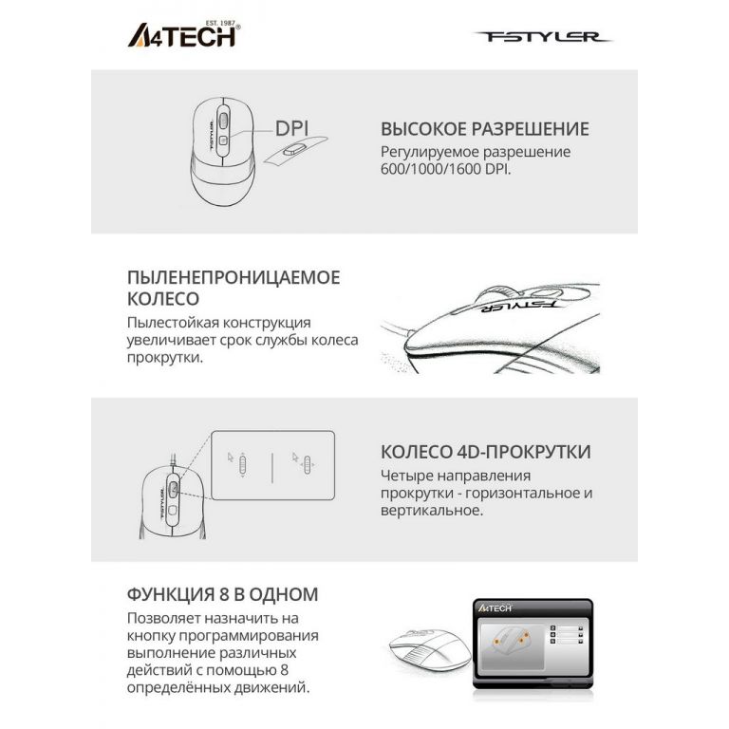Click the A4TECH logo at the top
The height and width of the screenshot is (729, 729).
[183, 35]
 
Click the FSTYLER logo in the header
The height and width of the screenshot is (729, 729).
[543, 37]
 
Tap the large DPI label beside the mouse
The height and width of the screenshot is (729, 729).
[292, 129]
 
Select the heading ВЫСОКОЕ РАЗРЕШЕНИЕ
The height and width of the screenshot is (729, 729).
[485, 129]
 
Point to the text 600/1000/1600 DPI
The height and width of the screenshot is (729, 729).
[445, 169]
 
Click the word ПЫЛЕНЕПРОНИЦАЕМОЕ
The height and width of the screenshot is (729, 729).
[234, 277]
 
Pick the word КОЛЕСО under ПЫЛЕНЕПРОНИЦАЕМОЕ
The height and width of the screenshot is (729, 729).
[163, 298]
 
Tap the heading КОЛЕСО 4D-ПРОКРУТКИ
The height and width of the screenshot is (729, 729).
[486, 452]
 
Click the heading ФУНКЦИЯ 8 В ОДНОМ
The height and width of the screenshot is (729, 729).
[223, 594]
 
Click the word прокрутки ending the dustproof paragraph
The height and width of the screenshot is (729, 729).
[165, 358]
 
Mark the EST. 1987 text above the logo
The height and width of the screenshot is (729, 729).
[220, 23]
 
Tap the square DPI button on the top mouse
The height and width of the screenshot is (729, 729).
[223, 140]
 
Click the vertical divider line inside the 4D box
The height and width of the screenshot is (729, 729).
[272, 467]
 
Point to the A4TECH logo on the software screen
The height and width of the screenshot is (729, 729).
[495, 607]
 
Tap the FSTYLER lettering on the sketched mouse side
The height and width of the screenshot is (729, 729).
[517, 306]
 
